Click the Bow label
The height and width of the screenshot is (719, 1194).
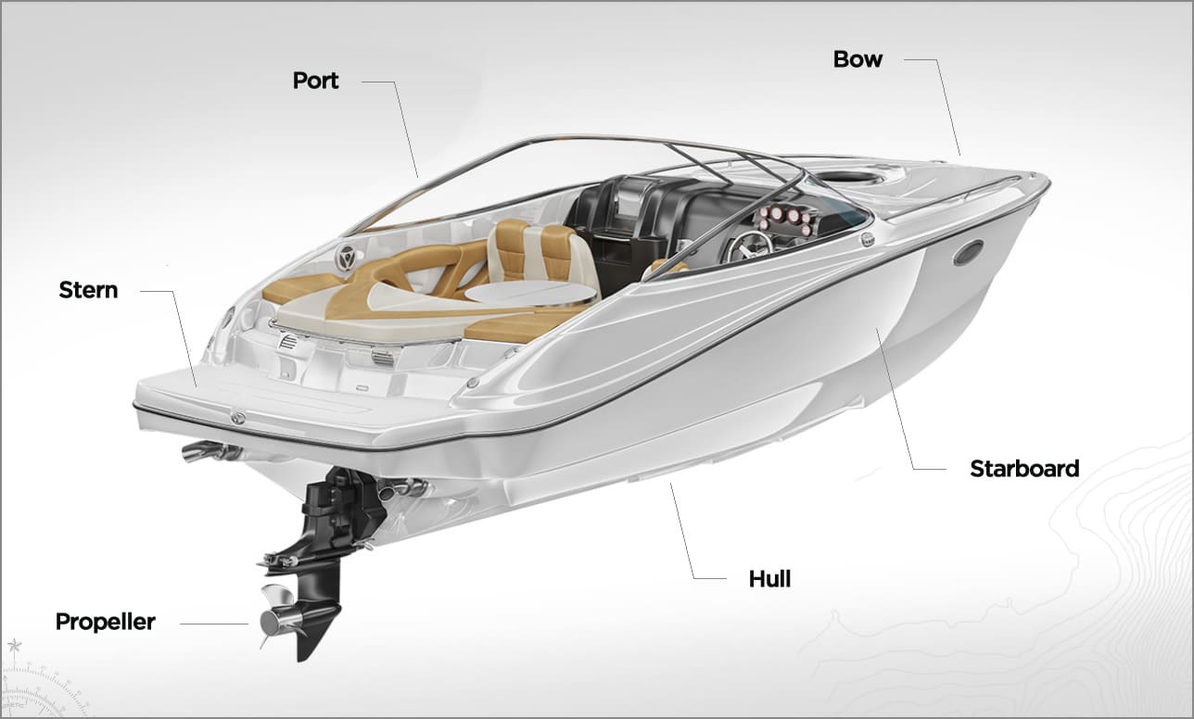click(x=857, y=59)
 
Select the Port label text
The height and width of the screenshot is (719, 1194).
click(x=315, y=81)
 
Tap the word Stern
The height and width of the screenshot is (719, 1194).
click(x=88, y=290)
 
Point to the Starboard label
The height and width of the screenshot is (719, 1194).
click(x=1024, y=469)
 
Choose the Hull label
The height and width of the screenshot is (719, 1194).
click(x=769, y=578)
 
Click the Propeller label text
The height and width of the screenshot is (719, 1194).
click(x=106, y=622)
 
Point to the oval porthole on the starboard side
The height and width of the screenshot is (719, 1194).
click(x=969, y=252)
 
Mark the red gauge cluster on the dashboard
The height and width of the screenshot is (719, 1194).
click(x=786, y=219)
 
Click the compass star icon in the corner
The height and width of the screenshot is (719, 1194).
click(x=15, y=647)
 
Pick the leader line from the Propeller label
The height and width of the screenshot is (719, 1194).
click(x=214, y=624)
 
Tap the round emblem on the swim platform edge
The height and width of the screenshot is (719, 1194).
click(x=237, y=418)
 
